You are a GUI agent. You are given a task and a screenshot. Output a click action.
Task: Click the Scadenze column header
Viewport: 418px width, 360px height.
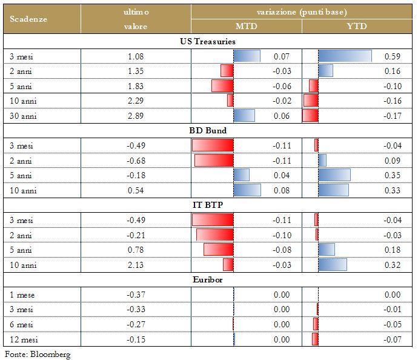[28, 19]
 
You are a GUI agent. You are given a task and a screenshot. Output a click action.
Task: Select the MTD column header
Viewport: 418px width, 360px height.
[245, 26]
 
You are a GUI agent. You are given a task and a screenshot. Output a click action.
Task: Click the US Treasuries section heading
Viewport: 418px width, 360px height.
[208, 42]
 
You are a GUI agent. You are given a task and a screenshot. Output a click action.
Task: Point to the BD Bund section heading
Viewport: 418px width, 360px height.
[208, 130]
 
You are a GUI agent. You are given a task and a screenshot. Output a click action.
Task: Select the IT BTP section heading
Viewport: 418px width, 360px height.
[208, 205]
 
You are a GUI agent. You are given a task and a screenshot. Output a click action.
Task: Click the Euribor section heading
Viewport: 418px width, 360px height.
[208, 280]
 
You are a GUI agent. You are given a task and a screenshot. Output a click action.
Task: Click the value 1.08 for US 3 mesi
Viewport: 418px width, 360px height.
[136, 56]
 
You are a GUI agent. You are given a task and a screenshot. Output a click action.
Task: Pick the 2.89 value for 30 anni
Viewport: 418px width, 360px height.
[136, 116]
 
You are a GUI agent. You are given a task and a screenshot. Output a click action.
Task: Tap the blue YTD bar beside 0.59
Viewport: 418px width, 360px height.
[345, 56]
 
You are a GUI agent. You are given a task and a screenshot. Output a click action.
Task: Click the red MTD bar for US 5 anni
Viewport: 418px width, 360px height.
[222, 86]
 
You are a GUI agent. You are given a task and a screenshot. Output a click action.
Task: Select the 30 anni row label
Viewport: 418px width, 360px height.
[23, 116]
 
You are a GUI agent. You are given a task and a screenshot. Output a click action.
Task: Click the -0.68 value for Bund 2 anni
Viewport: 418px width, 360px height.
[136, 161]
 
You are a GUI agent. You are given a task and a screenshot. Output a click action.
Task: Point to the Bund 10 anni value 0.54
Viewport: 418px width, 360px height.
[136, 190]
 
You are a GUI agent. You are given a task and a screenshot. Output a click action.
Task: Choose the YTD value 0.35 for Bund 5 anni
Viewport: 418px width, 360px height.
[392, 176]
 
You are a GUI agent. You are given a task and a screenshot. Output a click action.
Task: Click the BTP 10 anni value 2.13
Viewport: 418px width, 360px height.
[136, 265]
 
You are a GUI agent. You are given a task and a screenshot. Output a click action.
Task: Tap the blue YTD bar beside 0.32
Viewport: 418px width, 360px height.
[333, 265]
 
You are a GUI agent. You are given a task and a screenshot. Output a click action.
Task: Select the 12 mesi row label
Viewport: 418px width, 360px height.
[24, 339]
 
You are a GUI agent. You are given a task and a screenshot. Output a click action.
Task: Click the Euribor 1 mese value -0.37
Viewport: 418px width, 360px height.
[136, 295]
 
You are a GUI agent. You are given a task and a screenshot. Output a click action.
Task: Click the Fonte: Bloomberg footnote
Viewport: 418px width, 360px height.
[38, 354]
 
